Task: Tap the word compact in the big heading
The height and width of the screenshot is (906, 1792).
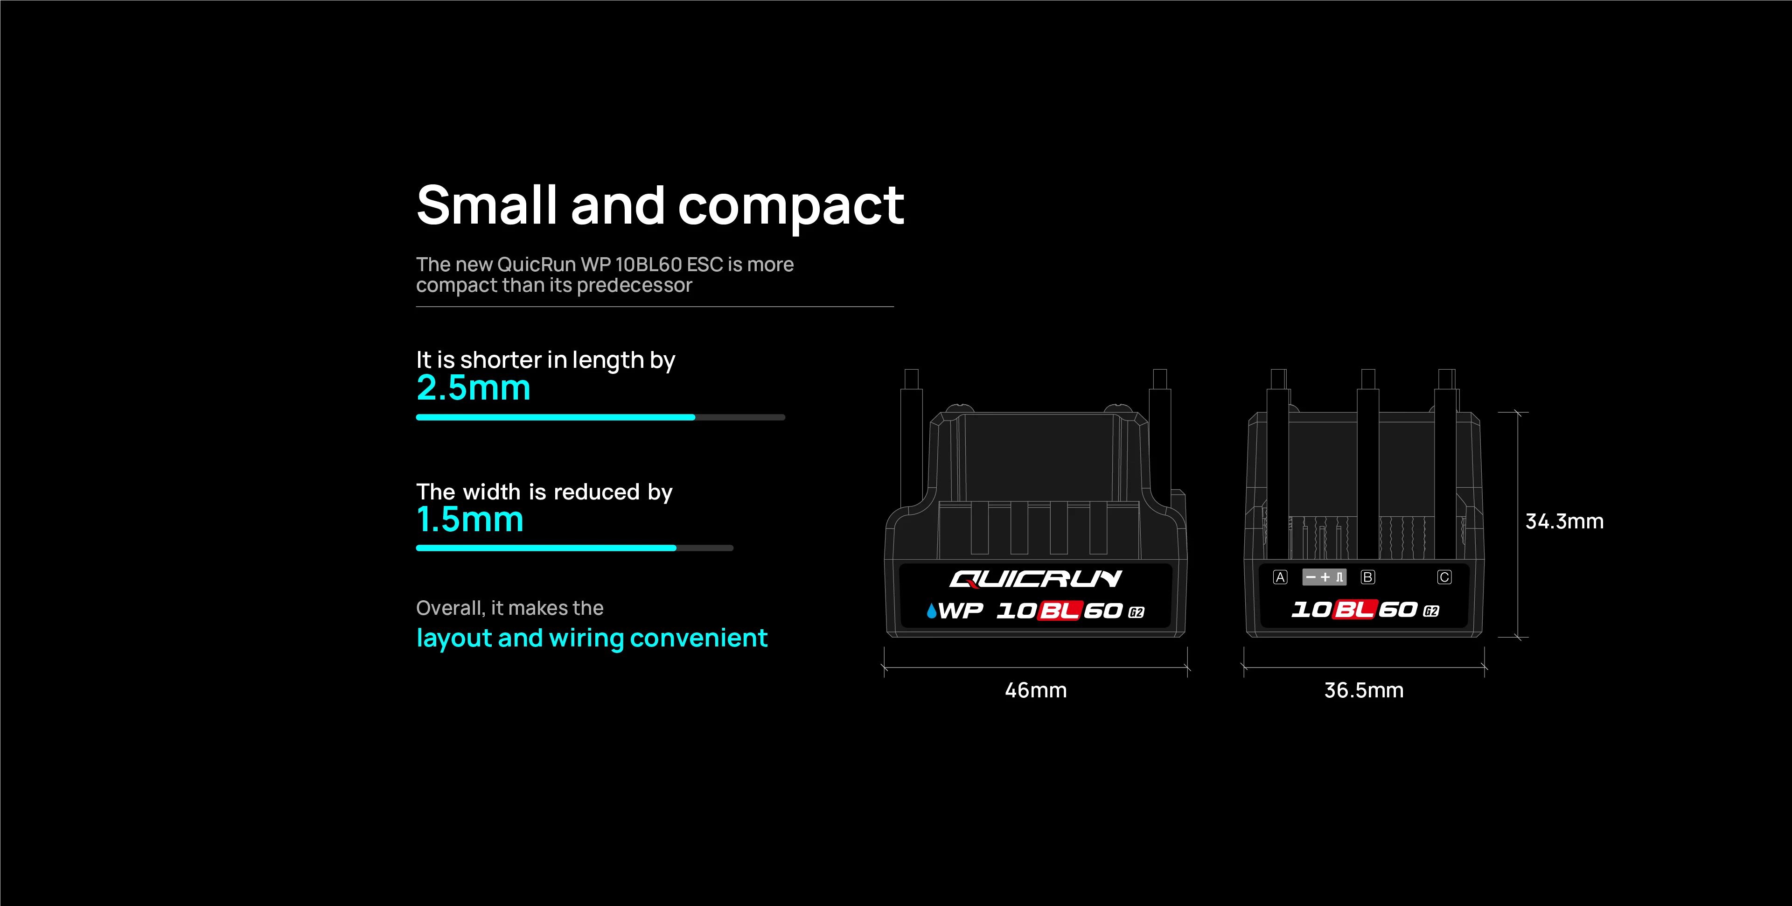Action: click(791, 207)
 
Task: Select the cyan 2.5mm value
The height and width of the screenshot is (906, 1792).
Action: click(473, 387)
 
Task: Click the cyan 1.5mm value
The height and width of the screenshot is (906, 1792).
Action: click(469, 519)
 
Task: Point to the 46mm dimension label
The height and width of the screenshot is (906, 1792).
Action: click(1036, 690)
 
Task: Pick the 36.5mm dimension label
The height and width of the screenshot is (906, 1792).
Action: click(1363, 690)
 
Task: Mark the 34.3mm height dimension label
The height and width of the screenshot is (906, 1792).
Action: click(1564, 521)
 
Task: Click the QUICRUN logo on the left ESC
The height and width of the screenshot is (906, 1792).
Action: click(1036, 579)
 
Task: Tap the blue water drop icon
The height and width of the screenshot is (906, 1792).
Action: click(932, 611)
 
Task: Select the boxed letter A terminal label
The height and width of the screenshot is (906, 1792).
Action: click(1280, 577)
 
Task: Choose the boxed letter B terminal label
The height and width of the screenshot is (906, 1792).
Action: click(1367, 577)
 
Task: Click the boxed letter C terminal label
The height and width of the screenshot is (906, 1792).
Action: click(1444, 577)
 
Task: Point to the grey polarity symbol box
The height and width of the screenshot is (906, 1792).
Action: click(1325, 577)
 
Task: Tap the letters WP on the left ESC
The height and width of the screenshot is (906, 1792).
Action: click(961, 611)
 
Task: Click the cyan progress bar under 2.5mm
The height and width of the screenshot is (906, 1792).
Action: click(556, 417)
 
